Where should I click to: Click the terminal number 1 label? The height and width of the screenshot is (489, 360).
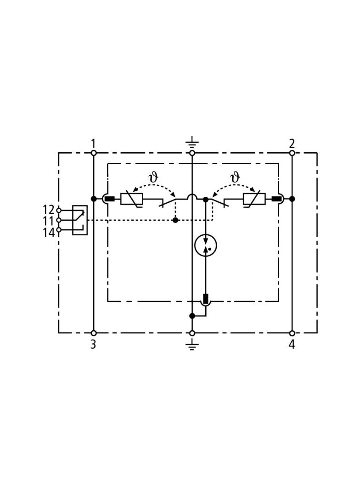pyautogui.click(x=93, y=144)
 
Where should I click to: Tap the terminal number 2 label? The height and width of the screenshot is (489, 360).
pyautogui.click(x=292, y=144)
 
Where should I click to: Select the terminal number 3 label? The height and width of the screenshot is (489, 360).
pyautogui.click(x=93, y=345)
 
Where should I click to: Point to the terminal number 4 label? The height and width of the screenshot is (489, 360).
pyautogui.click(x=292, y=345)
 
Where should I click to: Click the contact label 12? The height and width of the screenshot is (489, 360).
pyautogui.click(x=48, y=210)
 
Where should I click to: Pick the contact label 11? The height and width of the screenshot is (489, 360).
pyautogui.click(x=48, y=221)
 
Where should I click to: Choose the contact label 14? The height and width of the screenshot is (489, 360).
pyautogui.click(x=48, y=233)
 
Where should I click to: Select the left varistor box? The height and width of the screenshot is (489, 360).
pyautogui.click(x=132, y=199)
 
